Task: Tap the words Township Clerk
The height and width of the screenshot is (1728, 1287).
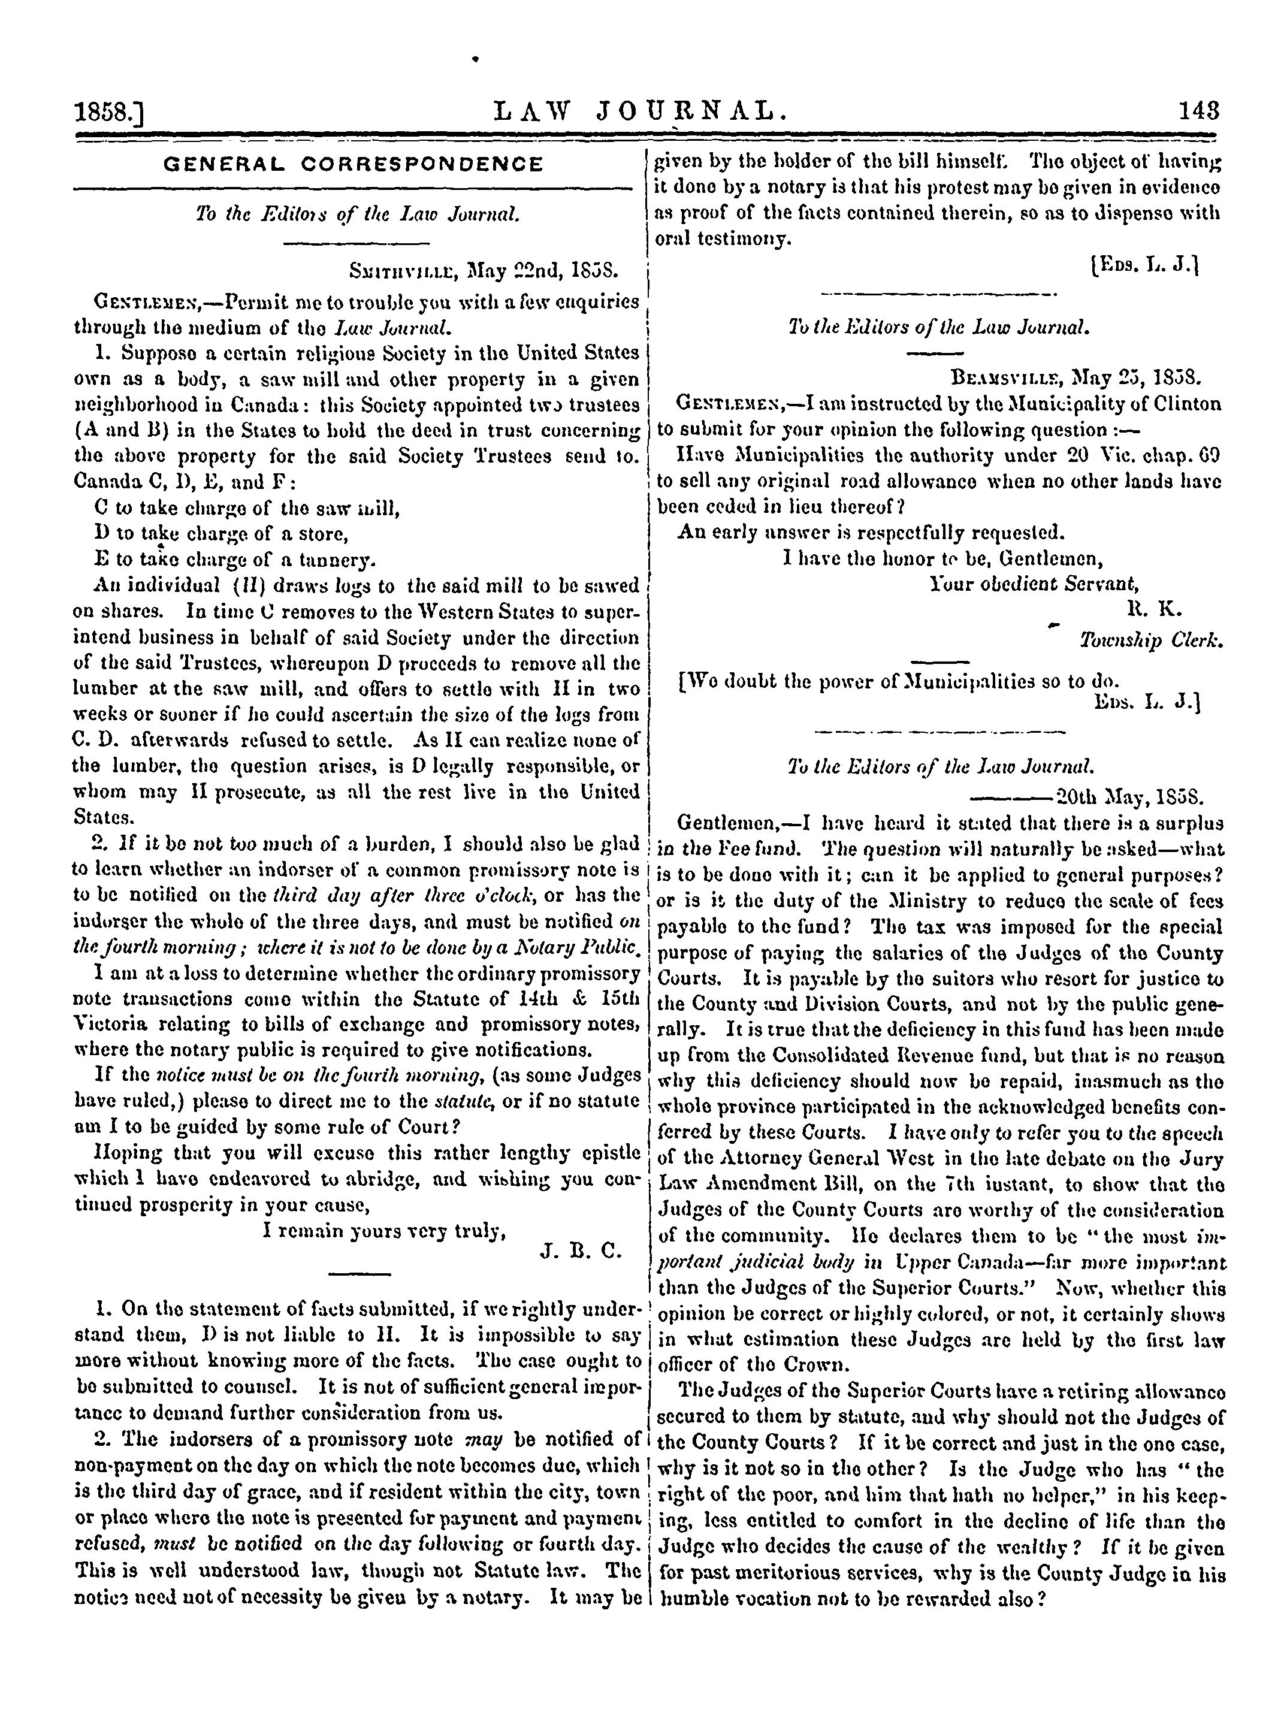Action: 1150,641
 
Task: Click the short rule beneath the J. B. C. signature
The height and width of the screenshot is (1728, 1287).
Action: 359,1274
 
